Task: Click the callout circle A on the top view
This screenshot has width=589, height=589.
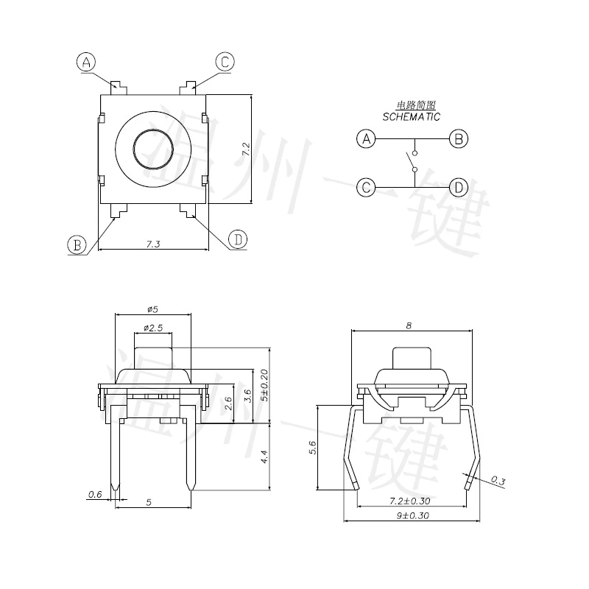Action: [x=87, y=63]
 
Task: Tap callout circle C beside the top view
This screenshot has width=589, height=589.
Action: [x=225, y=63]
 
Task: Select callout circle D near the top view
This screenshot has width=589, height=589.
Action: [x=237, y=239]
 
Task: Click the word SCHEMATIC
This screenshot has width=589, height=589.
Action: [x=412, y=117]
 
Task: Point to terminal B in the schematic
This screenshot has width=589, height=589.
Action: [x=459, y=138]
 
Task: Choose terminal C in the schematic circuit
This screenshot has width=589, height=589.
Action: [x=366, y=188]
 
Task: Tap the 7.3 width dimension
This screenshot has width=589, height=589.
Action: [x=153, y=244]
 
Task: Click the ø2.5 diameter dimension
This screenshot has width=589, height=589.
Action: [x=153, y=327]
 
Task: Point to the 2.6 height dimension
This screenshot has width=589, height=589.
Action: [x=228, y=403]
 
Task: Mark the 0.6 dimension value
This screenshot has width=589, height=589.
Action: [x=94, y=494]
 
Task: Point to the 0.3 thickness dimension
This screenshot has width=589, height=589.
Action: [x=498, y=482]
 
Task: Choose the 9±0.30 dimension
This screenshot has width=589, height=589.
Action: [x=412, y=516]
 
